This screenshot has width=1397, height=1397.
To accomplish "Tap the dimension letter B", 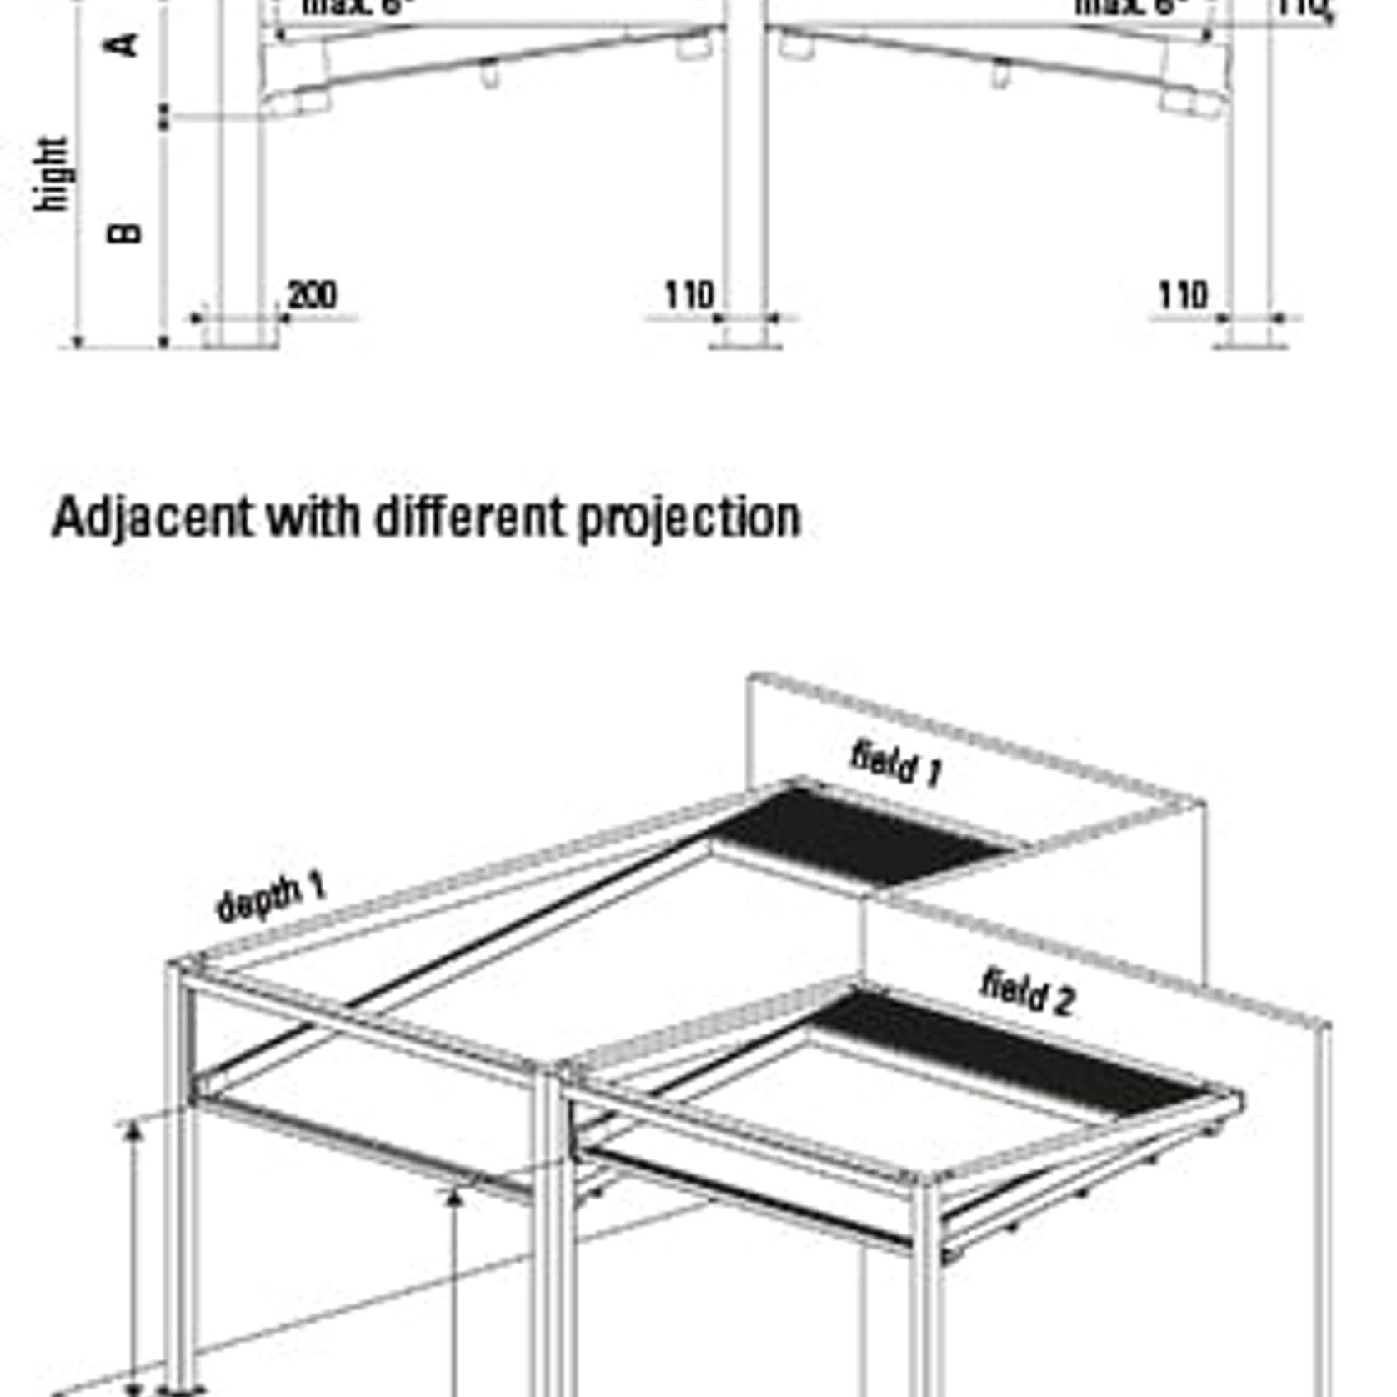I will (x=125, y=232).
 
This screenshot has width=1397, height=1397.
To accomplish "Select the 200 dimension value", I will (x=312, y=295).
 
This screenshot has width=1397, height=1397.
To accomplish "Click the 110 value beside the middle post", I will (x=689, y=295).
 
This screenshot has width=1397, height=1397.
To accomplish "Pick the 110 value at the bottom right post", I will (x=1183, y=295).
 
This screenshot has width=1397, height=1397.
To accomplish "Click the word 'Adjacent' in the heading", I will (x=151, y=518).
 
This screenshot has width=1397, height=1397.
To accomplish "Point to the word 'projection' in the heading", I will (x=688, y=518).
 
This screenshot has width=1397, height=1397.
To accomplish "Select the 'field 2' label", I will (x=1028, y=991).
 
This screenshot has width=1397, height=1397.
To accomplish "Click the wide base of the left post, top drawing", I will (x=240, y=333).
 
